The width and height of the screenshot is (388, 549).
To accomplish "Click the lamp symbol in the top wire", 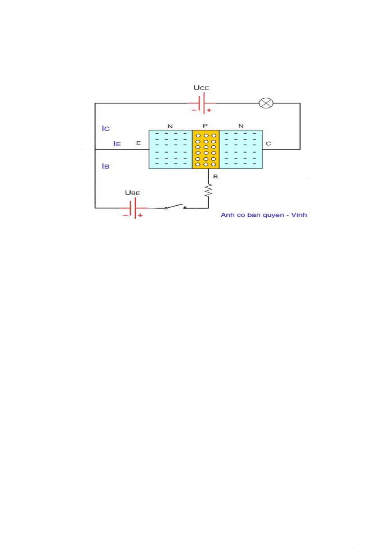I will pos(266,104).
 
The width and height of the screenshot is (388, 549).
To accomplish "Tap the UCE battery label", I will pos(201,88).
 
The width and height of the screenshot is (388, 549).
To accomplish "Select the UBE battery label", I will pos(132,193).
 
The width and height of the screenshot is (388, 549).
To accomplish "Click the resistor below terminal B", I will pos(208,190).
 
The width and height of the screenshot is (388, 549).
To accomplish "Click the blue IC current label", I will pos(106,128).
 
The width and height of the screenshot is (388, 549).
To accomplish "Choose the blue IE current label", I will pos(117,144).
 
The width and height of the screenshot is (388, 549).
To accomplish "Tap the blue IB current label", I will pos(105,166).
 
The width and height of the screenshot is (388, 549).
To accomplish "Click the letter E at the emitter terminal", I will pos(138,143).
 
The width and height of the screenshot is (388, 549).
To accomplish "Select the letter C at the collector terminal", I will pos(269,143).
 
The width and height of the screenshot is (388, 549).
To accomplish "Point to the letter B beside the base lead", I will pos(215,176).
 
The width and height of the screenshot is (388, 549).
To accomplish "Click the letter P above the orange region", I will pos(205,126).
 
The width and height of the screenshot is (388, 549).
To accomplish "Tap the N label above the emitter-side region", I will pos(170,126).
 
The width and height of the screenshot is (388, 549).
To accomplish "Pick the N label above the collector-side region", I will pos(241,126).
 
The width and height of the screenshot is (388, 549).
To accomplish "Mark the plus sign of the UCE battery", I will pos(209,110).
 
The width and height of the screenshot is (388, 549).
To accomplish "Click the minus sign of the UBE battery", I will pos(125,215).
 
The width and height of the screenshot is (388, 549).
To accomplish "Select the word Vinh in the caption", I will pos(299,215).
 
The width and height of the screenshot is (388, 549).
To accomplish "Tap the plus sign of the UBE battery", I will pos(140,215).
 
